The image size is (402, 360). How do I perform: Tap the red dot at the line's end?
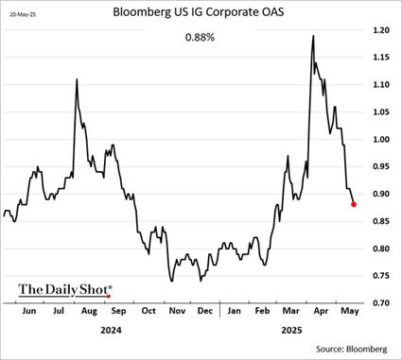coord(354,204)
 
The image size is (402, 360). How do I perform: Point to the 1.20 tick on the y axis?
coord(380,30)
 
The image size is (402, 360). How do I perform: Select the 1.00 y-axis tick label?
coord(380,140)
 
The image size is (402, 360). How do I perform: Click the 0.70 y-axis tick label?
coord(380,303)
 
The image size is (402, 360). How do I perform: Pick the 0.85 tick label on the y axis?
coord(380,221)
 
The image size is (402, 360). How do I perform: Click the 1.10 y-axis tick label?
coord(380,85)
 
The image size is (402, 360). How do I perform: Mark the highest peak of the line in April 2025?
coord(312,36)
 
